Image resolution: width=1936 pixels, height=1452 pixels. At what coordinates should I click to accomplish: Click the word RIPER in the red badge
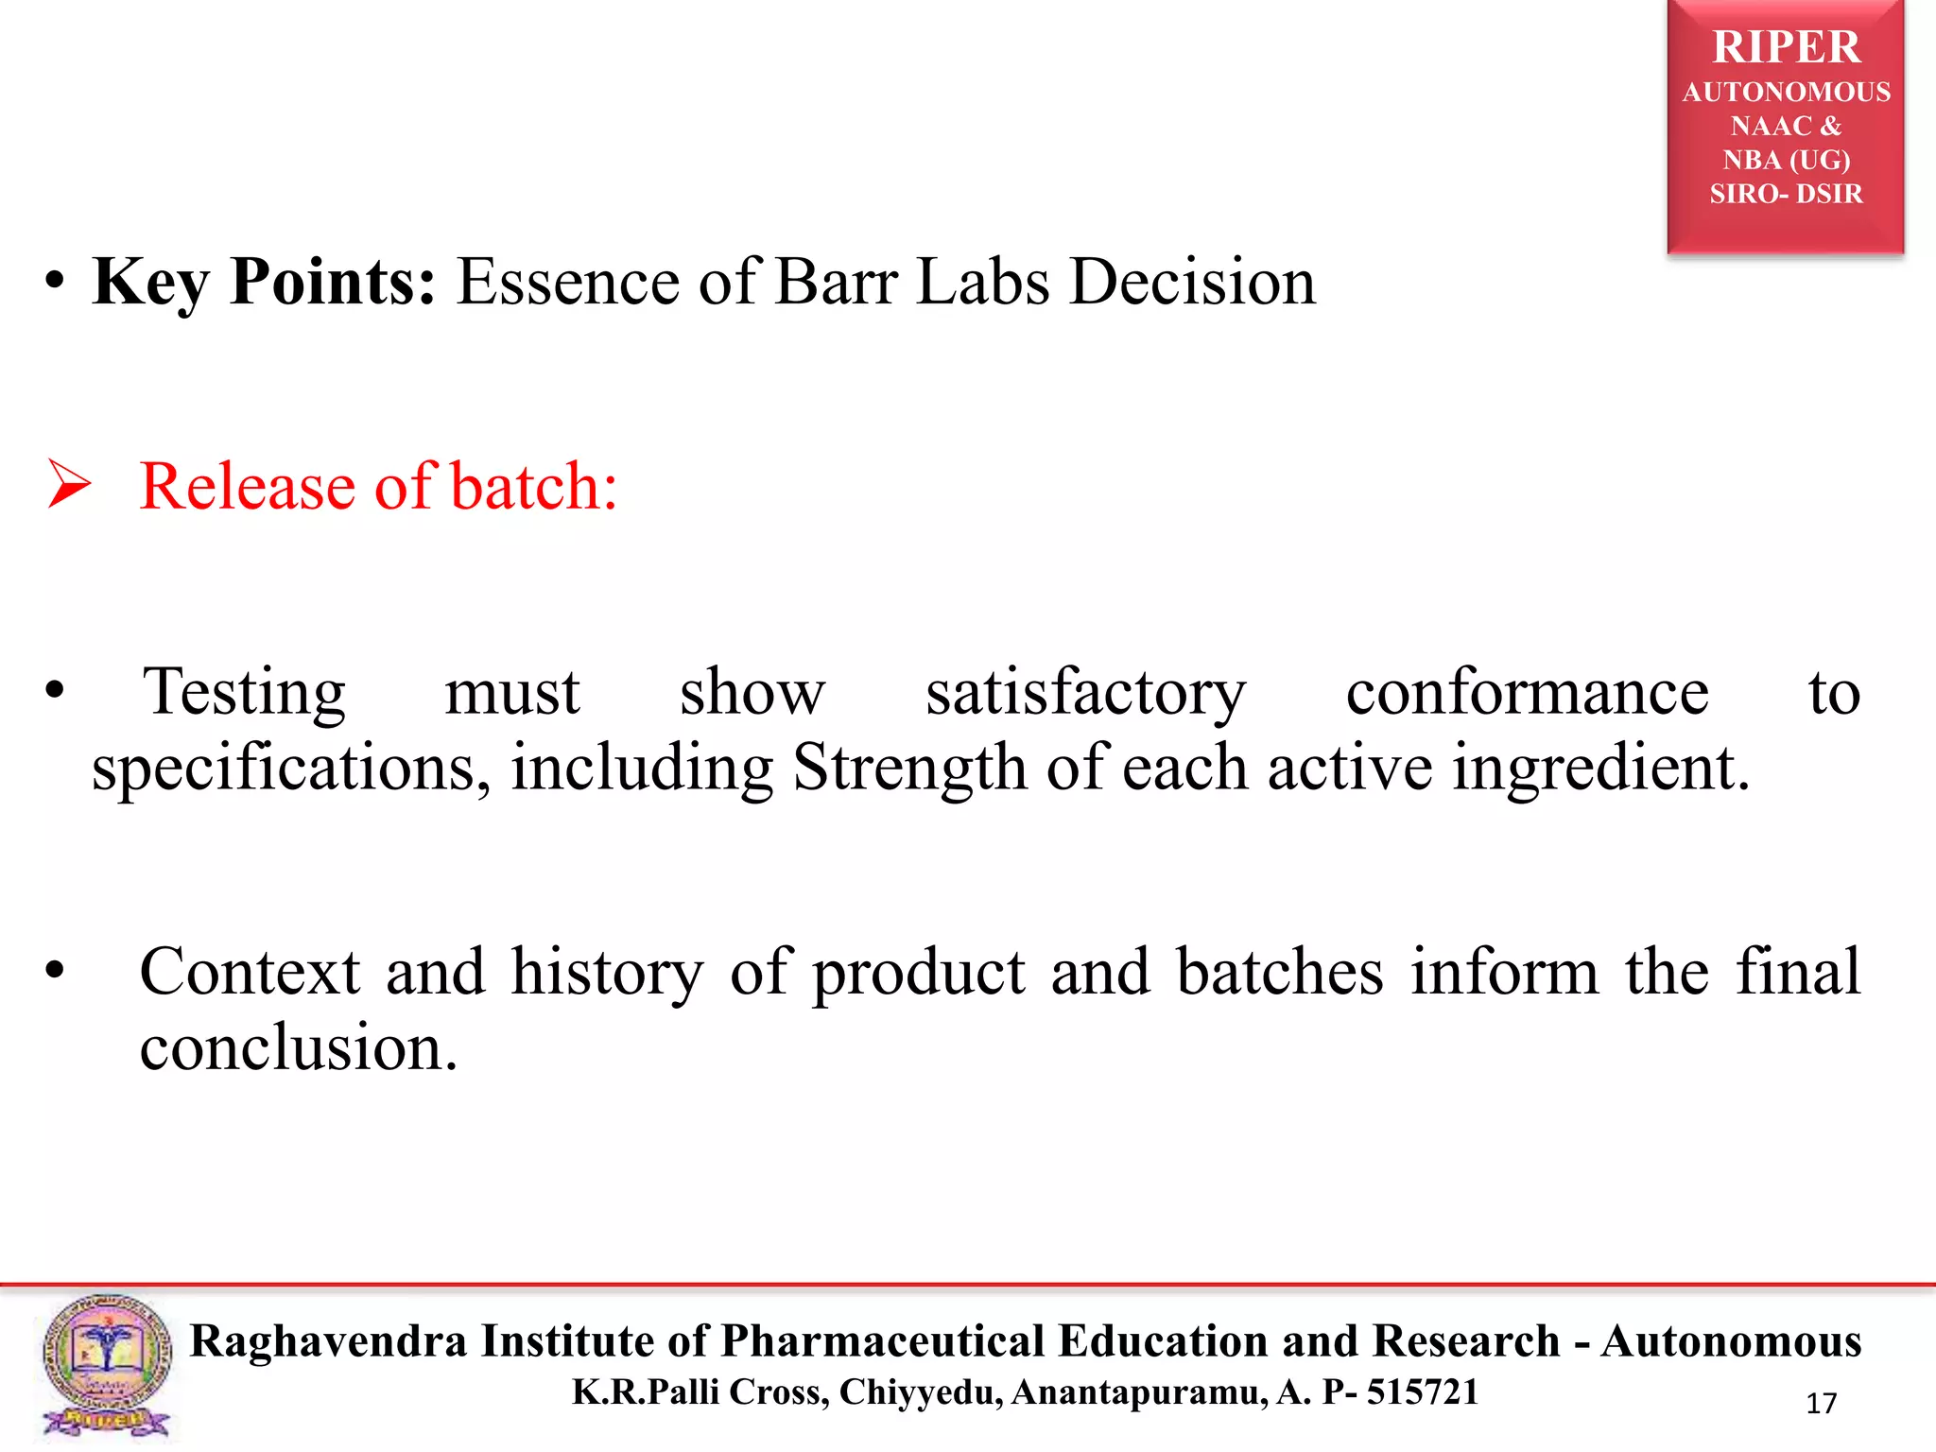[1786, 47]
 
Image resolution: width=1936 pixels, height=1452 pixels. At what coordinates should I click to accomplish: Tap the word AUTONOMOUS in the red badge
[1786, 92]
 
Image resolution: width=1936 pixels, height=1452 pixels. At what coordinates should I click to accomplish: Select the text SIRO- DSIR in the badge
[1786, 194]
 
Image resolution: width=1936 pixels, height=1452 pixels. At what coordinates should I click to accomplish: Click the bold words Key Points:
[264, 282]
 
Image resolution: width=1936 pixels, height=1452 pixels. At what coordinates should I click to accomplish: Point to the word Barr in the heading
[835, 282]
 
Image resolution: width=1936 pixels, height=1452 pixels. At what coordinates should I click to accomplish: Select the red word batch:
[534, 486]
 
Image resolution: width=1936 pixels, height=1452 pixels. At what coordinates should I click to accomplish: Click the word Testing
[245, 693]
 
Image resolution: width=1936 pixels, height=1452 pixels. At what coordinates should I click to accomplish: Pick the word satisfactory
[1085, 693]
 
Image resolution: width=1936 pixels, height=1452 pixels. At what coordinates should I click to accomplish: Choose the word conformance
[1527, 693]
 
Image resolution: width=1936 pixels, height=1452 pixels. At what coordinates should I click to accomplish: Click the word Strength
[908, 768]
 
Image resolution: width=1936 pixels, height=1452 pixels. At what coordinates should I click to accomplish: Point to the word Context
[250, 972]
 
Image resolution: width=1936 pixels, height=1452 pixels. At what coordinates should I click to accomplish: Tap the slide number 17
[1821, 1404]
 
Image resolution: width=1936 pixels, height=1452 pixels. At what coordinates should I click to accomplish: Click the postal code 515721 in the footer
[1422, 1392]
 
